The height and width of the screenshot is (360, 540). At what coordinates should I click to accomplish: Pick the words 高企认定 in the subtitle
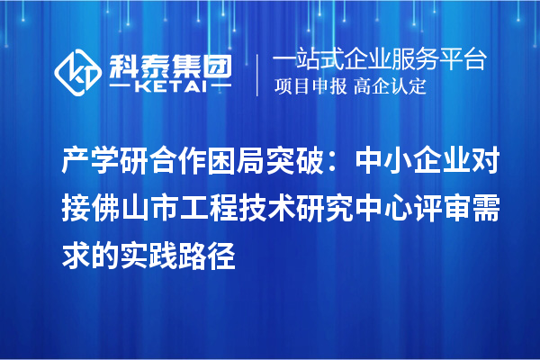click(x=390, y=86)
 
